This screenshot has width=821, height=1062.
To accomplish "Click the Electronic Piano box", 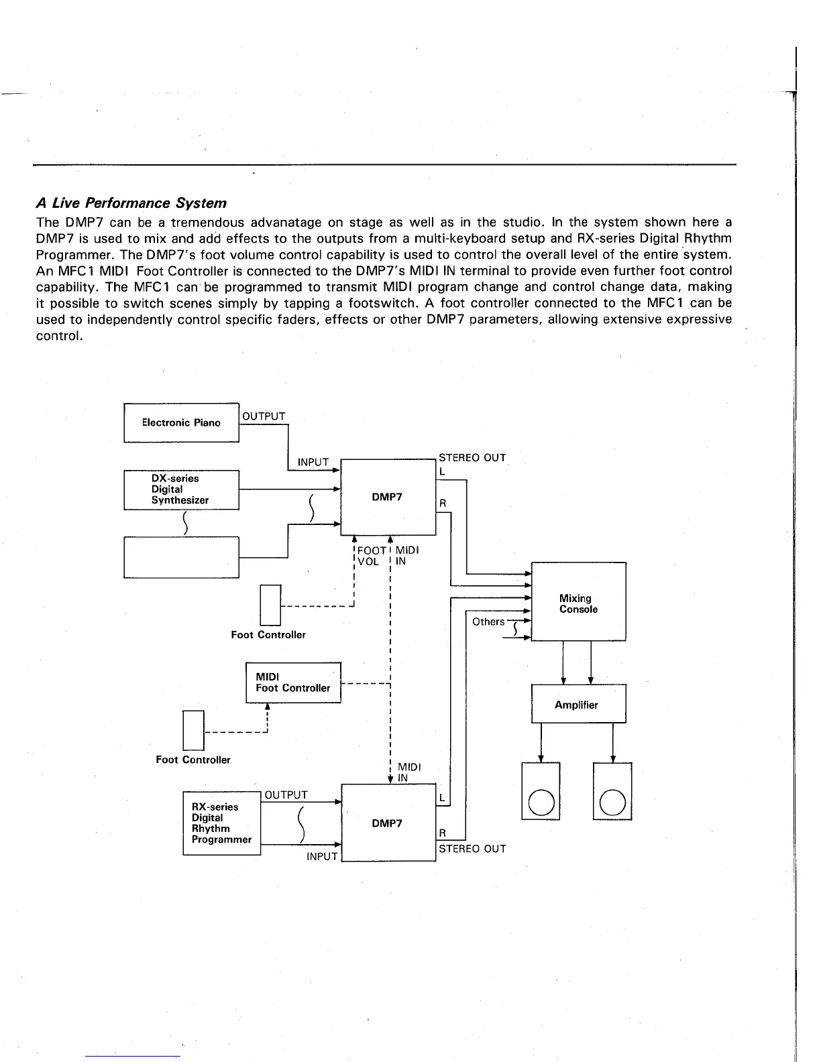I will pyautogui.click(x=181, y=422).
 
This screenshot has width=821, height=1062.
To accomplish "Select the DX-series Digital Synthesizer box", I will pyautogui.click(x=181, y=489).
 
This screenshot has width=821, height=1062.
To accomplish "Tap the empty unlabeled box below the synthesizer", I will pyautogui.click(x=181, y=556).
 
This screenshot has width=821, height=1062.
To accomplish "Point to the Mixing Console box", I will pyautogui.click(x=578, y=603).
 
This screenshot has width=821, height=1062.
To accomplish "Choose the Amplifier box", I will pyautogui.click(x=578, y=704).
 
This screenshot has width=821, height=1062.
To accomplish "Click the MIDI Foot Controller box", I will pyautogui.click(x=293, y=683).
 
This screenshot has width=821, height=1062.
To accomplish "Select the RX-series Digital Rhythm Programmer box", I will pyautogui.click(x=221, y=823).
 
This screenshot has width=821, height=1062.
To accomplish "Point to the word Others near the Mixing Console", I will pyautogui.click(x=488, y=622).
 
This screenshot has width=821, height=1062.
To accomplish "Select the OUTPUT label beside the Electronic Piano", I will pyautogui.click(x=264, y=416).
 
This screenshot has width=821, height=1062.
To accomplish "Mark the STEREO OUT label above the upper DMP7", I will pyautogui.click(x=472, y=458).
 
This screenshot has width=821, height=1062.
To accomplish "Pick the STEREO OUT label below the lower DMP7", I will pyautogui.click(x=472, y=849).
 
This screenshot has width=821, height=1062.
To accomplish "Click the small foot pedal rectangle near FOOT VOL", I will pyautogui.click(x=270, y=605).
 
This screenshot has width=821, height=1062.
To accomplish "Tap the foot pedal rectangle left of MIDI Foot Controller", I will pyautogui.click(x=193, y=729).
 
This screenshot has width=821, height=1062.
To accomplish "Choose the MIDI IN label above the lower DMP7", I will pyautogui.click(x=409, y=772).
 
